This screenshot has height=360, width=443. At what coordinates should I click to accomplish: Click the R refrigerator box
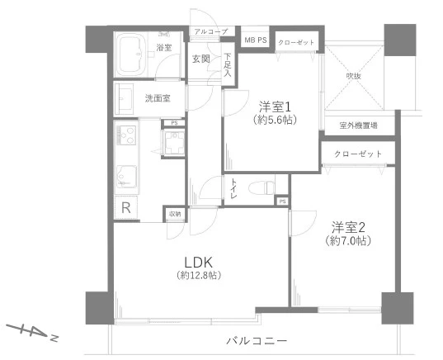[126, 207]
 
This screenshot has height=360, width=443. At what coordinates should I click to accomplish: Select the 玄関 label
[201, 59]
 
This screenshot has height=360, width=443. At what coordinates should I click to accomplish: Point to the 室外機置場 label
[358, 126]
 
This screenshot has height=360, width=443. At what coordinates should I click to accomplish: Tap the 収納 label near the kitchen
[175, 214]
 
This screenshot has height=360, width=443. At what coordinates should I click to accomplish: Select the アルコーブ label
[210, 32]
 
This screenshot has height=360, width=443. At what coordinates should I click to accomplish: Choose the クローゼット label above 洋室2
[358, 154]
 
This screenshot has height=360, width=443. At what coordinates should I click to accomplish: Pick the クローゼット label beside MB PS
[295, 41]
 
